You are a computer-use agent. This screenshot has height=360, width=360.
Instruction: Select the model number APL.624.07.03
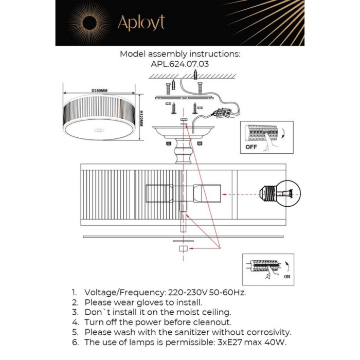(180, 64)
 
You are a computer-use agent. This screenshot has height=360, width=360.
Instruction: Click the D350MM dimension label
(99, 91)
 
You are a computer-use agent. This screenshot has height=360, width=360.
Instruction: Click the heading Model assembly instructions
(180, 53)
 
